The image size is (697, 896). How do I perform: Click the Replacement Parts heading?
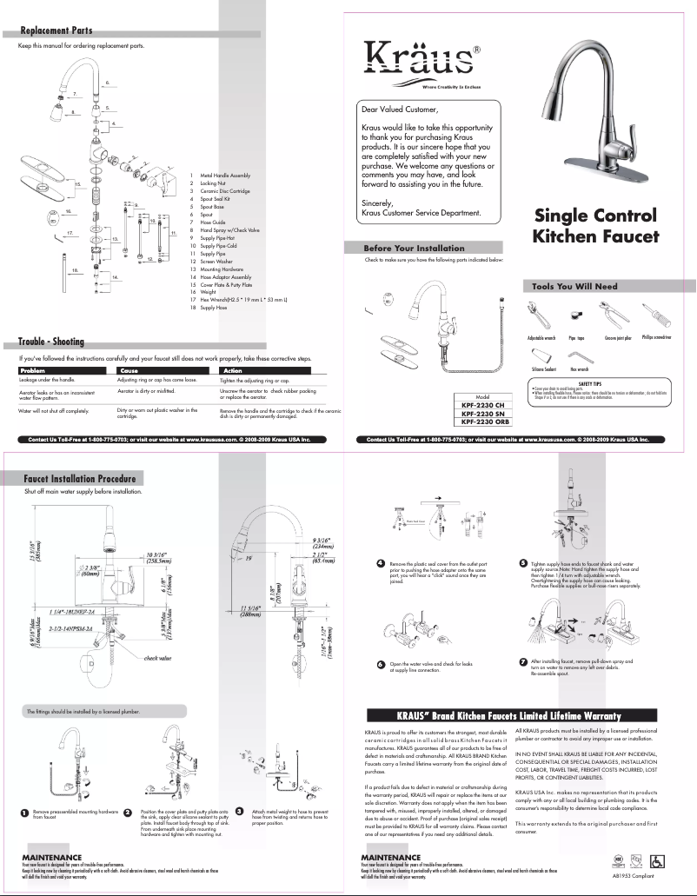click(56, 32)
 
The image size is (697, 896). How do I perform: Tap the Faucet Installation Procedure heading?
click(79, 478)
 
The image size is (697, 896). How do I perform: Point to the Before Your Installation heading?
click(414, 248)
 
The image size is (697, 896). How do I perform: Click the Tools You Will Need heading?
click(575, 286)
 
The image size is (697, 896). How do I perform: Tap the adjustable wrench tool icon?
click(534, 316)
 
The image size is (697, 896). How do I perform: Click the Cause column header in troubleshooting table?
click(129, 371)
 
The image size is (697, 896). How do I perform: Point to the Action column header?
click(233, 371)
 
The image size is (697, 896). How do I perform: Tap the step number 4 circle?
click(381, 564)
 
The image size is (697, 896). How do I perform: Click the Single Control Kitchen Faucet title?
click(595, 226)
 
